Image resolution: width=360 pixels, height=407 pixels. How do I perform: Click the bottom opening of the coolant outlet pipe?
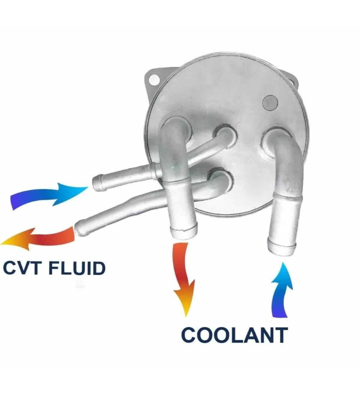click(184, 232)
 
